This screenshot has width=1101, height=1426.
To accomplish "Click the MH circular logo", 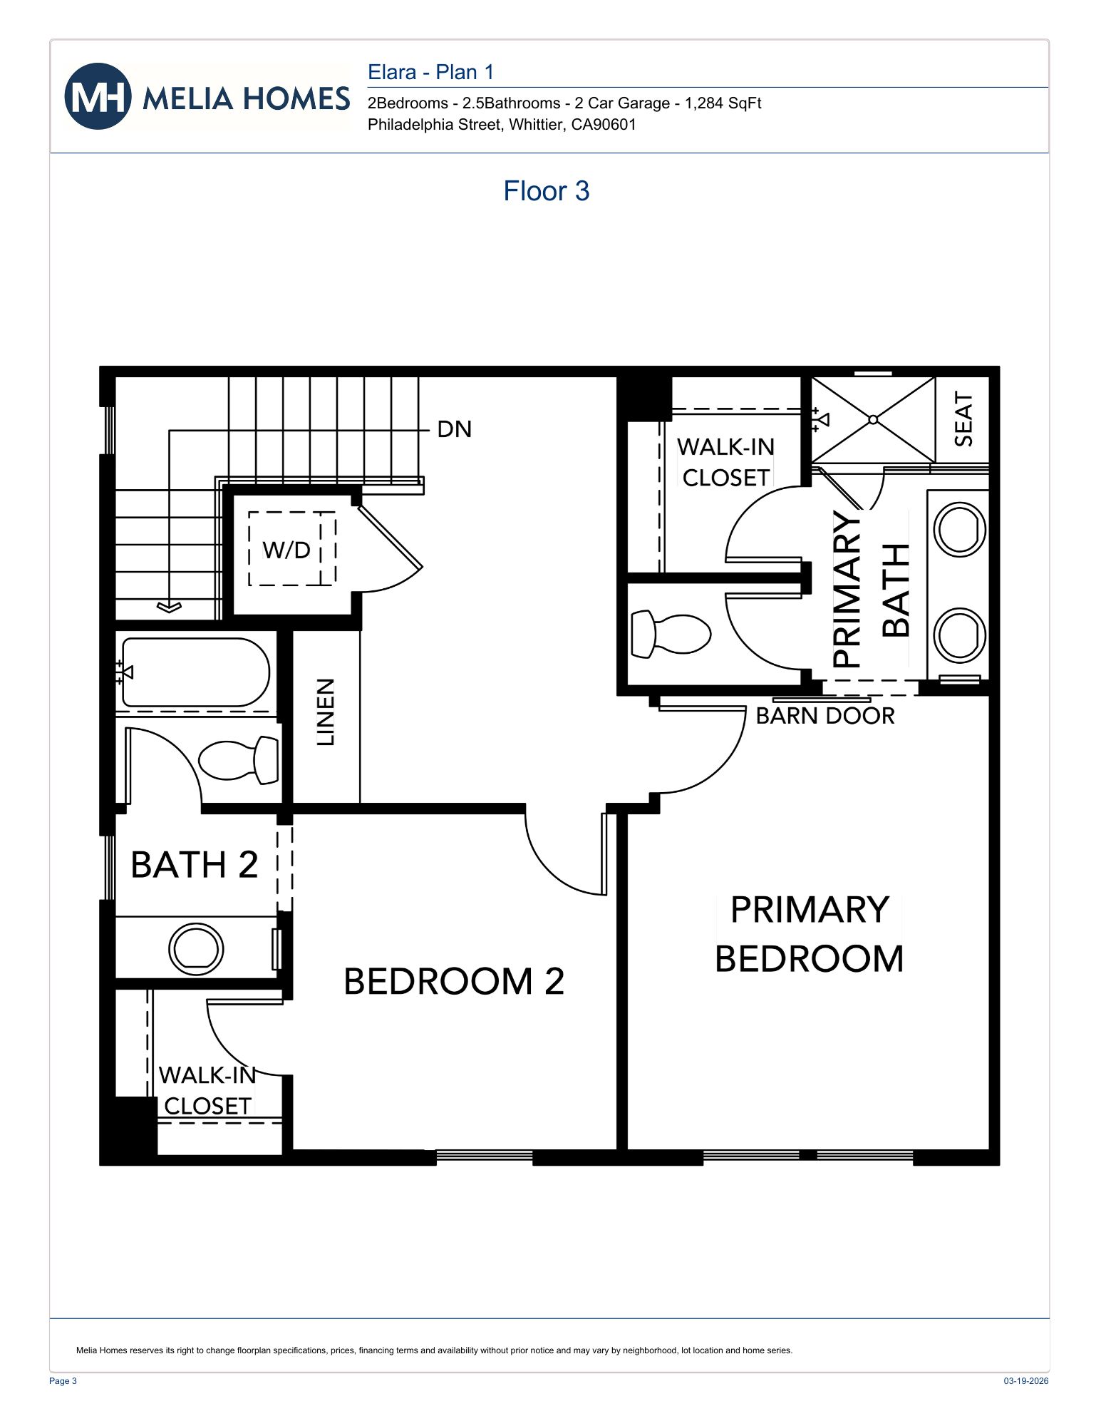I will (x=98, y=96).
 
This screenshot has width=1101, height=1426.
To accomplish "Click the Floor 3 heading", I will (x=546, y=191).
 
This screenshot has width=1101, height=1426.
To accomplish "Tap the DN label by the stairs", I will (x=454, y=429).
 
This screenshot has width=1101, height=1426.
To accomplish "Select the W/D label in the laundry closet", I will (x=286, y=550).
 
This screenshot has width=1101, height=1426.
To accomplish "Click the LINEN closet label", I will (x=326, y=712).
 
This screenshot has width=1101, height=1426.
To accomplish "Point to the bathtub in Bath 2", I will (x=195, y=672).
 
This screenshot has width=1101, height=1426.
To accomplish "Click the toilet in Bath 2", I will (x=239, y=760).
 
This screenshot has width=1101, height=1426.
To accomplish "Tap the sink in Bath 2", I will (x=196, y=949).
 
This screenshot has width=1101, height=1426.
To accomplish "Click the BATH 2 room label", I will (x=194, y=865).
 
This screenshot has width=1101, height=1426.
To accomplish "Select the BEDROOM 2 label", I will (x=454, y=981).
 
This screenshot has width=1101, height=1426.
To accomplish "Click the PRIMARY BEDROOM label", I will (x=809, y=934).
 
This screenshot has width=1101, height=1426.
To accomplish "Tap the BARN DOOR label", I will (x=825, y=716).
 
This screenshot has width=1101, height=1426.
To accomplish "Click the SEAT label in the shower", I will (x=963, y=419).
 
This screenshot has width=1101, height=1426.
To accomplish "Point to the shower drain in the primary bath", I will (x=873, y=420).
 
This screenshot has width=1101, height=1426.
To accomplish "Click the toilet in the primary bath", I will (x=671, y=633).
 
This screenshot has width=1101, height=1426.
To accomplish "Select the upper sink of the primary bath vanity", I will (x=959, y=529).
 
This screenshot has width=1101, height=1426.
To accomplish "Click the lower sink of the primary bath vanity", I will (x=959, y=634).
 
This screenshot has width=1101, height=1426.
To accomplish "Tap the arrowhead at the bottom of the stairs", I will (x=169, y=607).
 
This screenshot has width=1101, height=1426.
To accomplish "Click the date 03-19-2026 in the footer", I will (x=1025, y=1381).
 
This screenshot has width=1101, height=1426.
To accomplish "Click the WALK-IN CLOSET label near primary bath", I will (x=725, y=462).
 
